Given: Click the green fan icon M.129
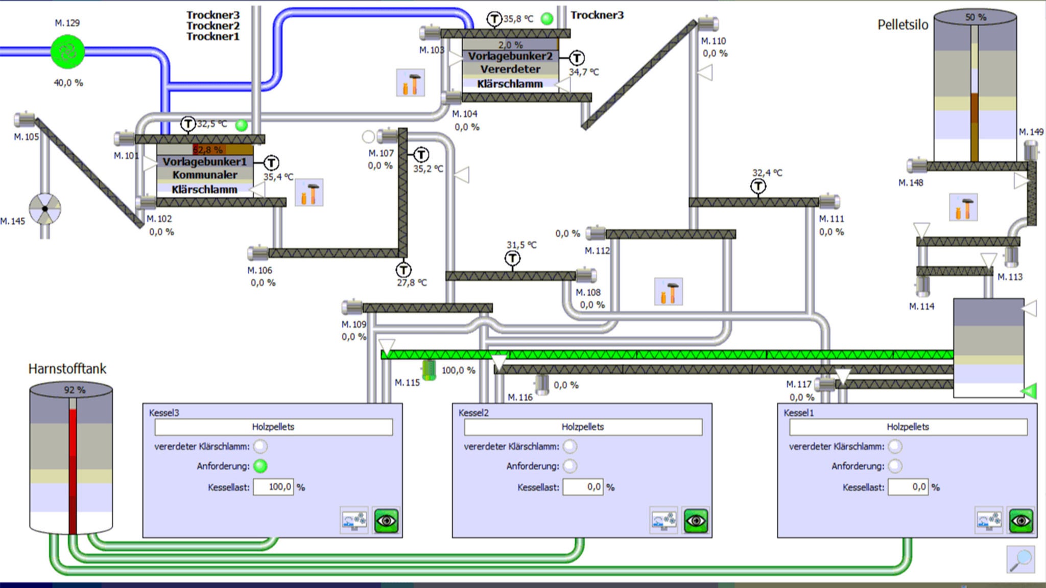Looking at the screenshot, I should pyautogui.click(x=67, y=51).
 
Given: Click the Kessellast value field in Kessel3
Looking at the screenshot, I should pyautogui.click(x=273, y=487).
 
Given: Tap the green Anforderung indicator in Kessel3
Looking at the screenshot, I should pyautogui.click(x=260, y=466).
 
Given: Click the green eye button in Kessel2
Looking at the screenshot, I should pyautogui.click(x=696, y=521).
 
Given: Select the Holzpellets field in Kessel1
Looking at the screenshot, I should pyautogui.click(x=908, y=427).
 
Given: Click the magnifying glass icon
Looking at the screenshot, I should pyautogui.click(x=1020, y=559).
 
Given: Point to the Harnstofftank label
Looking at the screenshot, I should pyautogui.click(x=67, y=369).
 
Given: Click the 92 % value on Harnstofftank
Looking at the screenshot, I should pyautogui.click(x=75, y=390).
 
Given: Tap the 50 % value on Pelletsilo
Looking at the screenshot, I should pyautogui.click(x=976, y=17).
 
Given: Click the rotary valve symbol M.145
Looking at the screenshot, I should pyautogui.click(x=45, y=208).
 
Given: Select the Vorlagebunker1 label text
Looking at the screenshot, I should pyautogui.click(x=204, y=162).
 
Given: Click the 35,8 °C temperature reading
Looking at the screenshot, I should pyautogui.click(x=518, y=19).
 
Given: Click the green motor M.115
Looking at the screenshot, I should pyautogui.click(x=429, y=369).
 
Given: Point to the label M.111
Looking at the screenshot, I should pyautogui.click(x=831, y=219).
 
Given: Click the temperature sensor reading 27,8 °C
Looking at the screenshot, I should pyautogui.click(x=412, y=283).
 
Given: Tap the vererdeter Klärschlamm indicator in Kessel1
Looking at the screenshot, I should pyautogui.click(x=895, y=446).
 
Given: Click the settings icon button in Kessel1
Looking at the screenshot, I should pyautogui.click(x=988, y=521).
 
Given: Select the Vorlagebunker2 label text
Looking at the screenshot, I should pyautogui.click(x=510, y=56).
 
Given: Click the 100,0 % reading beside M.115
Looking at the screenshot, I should pyautogui.click(x=458, y=370).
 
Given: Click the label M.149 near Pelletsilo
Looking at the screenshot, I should pyautogui.click(x=1031, y=132).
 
